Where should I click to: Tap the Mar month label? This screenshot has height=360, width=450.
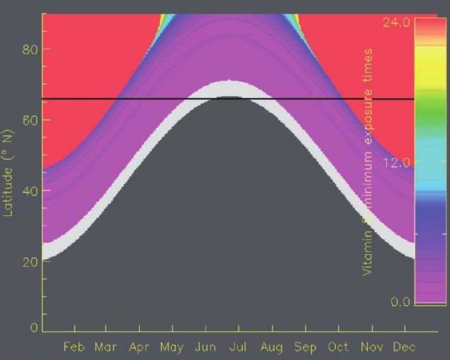106,347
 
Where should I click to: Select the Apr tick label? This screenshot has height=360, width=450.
139,347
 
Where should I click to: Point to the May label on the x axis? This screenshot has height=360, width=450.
172,347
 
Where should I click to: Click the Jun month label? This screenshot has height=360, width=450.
205,347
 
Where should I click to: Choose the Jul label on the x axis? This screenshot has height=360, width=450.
238,347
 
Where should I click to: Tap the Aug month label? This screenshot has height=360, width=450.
272,347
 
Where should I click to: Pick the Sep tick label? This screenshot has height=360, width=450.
305,347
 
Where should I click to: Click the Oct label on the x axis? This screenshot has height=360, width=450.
338,347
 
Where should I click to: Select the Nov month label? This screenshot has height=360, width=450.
371,347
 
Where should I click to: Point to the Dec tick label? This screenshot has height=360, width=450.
404,347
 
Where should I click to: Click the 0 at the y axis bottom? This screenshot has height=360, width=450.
33,328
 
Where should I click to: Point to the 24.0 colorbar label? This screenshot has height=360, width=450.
397,22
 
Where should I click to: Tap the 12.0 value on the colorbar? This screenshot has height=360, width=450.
397,163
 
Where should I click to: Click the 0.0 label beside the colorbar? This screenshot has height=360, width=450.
400,302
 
